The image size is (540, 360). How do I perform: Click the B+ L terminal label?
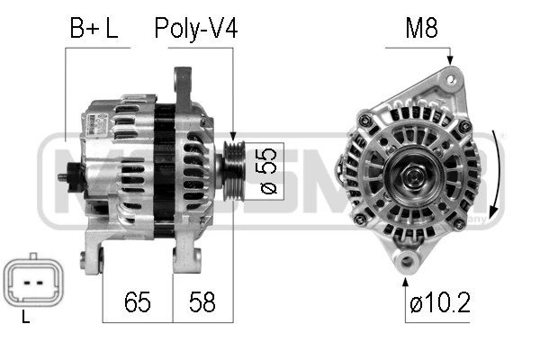coord(94,28)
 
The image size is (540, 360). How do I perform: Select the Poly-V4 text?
coord(195,28)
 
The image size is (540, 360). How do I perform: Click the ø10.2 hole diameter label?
coord(439,303)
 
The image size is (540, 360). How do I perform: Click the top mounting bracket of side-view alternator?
coord(187,85)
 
